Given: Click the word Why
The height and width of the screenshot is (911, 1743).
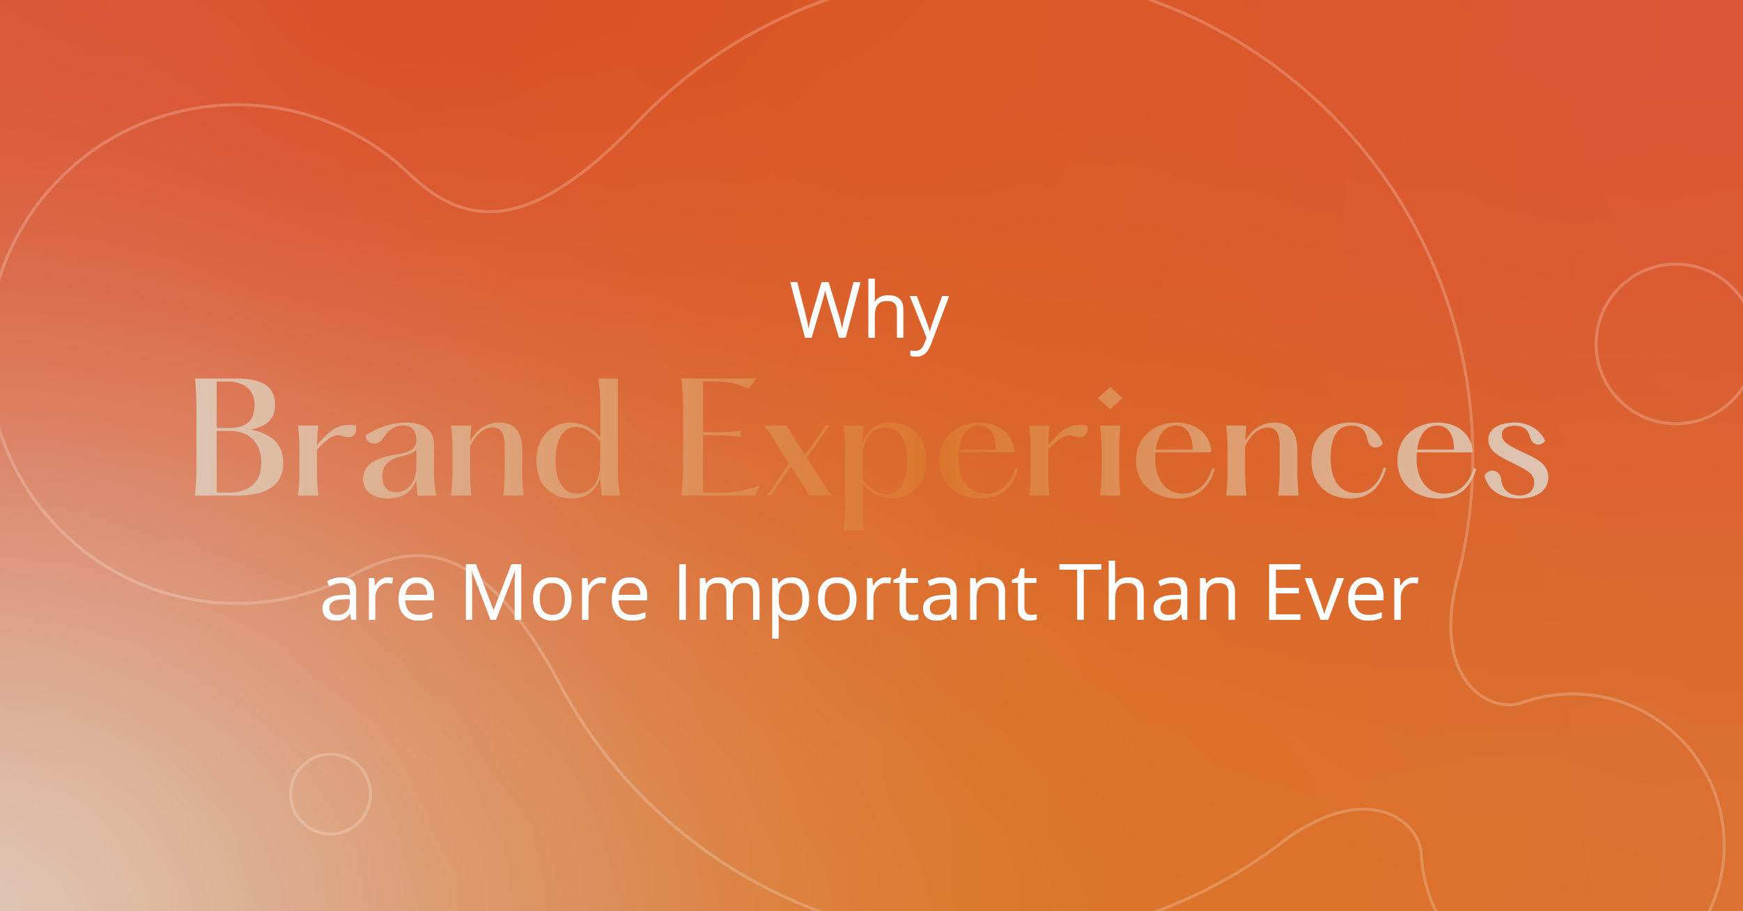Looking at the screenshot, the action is (x=869, y=317).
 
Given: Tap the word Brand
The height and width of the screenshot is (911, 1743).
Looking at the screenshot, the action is (x=408, y=438).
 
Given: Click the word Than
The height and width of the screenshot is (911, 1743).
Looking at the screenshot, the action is (x=1147, y=591).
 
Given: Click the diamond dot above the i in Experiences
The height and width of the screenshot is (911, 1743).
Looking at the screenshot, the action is (x=1110, y=398).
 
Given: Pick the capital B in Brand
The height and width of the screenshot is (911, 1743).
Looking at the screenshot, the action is (x=239, y=437).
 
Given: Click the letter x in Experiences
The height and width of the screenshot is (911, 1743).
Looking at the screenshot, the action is (x=798, y=460).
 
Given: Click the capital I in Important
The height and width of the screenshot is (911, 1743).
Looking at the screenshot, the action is (x=683, y=591).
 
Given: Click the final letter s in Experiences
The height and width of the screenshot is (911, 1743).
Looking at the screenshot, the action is (x=1517, y=460).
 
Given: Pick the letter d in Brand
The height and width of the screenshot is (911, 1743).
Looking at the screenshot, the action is (x=578, y=438).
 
